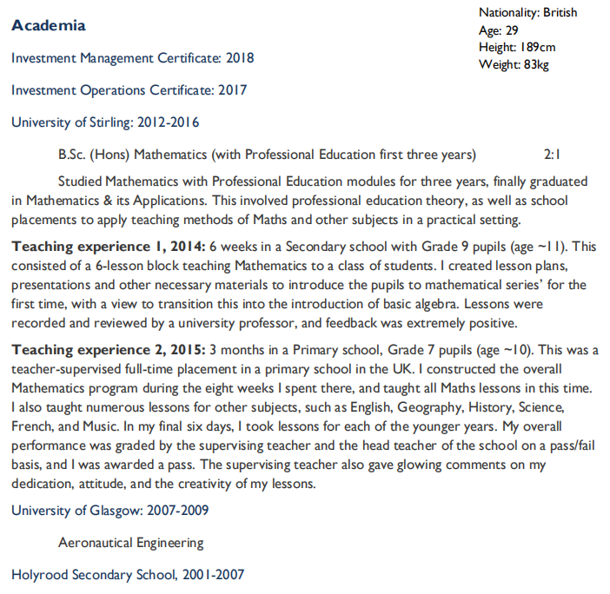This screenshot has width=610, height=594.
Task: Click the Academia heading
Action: pyautogui.click(x=49, y=25)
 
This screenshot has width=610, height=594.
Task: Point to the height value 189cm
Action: pyautogui.click(x=538, y=47)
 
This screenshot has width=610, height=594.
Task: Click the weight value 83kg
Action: pyautogui.click(x=535, y=64)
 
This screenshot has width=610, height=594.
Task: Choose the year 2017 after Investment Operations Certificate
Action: pyautogui.click(x=232, y=90)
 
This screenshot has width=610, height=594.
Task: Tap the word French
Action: pyautogui.click(x=30, y=426)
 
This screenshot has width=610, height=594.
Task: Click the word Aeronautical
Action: pyautogui.click(x=95, y=543)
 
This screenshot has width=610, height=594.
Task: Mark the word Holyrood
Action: pyautogui.click(x=39, y=575)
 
